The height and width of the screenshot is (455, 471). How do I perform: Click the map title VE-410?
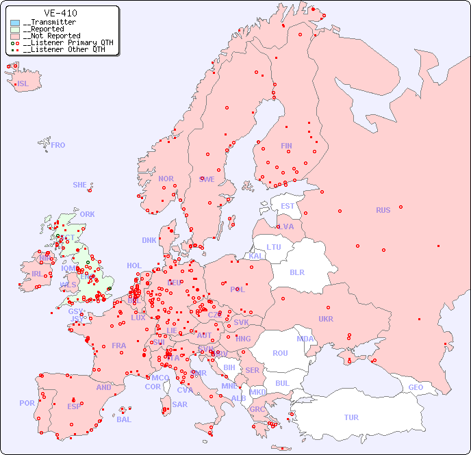[60, 13]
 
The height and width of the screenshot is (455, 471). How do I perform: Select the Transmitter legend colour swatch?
[15, 23]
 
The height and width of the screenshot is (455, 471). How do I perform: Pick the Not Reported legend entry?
[51, 36]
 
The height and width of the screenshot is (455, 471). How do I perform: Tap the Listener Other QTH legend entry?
[64, 49]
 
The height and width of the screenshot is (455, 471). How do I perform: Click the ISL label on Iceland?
[23, 84]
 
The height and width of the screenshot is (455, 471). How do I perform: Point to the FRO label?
[58, 145]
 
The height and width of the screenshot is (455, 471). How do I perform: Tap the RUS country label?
[383, 210]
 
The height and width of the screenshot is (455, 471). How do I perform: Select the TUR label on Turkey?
[351, 417]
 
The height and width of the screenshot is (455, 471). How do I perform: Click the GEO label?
[416, 388]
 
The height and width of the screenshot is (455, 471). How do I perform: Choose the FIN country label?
[286, 146]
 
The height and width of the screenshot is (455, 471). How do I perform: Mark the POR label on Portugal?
[27, 403]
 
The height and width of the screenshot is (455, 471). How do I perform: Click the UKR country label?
[326, 319]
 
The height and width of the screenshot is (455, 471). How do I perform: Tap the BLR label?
[297, 272]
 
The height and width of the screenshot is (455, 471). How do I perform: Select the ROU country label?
[280, 353]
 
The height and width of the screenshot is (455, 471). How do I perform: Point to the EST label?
[288, 206]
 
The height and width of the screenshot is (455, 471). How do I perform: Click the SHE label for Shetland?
[80, 185]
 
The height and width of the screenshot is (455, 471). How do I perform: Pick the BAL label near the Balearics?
[124, 419]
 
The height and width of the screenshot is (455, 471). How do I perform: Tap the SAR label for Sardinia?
[179, 404]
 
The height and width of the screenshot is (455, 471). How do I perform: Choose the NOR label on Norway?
[166, 179]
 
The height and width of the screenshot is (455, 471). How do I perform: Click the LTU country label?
[274, 247]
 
